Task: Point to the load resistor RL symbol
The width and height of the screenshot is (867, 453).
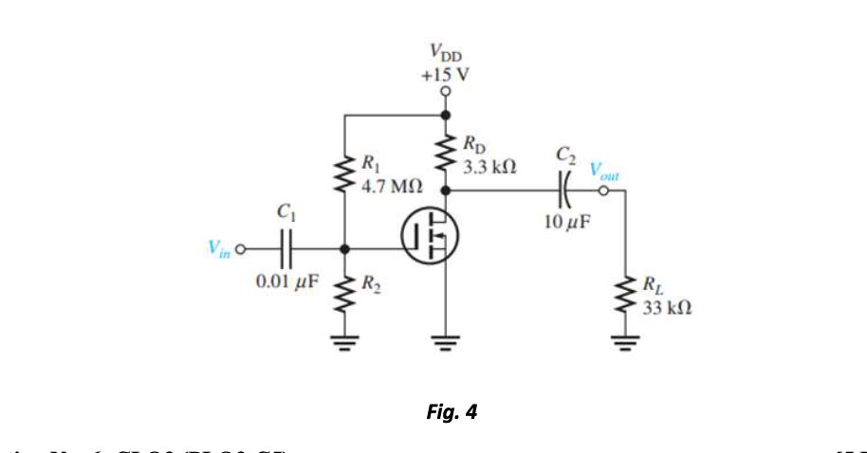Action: click(x=625, y=294)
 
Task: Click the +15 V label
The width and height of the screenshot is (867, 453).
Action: click(x=443, y=73)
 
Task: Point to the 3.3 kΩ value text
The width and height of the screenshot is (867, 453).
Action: click(x=489, y=166)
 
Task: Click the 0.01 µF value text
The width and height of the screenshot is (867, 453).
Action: click(x=288, y=281)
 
